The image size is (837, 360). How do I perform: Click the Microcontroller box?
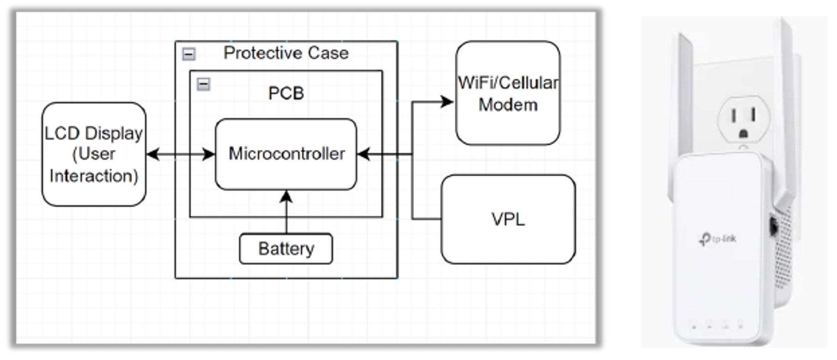pyautogui.click(x=286, y=154)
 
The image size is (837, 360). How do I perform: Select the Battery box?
pyautogui.click(x=286, y=249)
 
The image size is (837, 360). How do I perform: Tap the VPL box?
pyautogui.click(x=508, y=219)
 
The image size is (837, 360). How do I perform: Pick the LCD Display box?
pyautogui.click(x=94, y=154)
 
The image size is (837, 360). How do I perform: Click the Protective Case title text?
pyautogui.click(x=286, y=53)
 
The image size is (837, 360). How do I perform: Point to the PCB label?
pyautogui.click(x=286, y=93)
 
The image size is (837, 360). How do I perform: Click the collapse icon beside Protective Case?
pyautogui.click(x=189, y=54)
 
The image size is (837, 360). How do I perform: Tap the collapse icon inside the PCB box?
pyautogui.click(x=203, y=84)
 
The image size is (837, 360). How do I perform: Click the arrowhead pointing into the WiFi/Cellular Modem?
pyautogui.click(x=447, y=102)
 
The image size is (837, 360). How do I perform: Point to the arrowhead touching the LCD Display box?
pyautogui.click(x=152, y=154)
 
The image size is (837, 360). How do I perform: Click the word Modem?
pyautogui.click(x=508, y=105)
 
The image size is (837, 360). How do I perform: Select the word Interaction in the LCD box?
pyautogui.click(x=94, y=176)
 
